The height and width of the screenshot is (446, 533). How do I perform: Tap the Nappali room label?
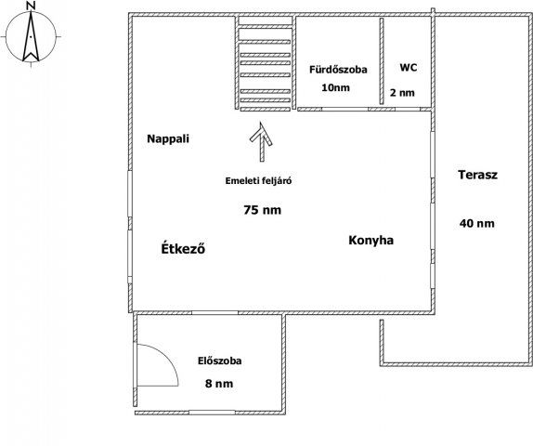point(168,139)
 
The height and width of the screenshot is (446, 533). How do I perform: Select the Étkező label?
point(183,249)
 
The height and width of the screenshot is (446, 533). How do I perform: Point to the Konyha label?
point(371,240)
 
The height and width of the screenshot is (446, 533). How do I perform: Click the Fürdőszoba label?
point(338,70)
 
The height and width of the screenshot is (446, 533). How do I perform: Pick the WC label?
point(408,68)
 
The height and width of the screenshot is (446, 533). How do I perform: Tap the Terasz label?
point(478,175)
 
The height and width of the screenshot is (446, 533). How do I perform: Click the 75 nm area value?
point(262,210)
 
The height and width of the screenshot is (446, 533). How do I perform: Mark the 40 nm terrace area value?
point(477,223)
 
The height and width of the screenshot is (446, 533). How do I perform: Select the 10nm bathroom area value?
point(335,87)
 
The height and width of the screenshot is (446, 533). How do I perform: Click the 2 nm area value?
point(402,92)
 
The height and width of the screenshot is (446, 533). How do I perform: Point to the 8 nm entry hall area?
point(219,383)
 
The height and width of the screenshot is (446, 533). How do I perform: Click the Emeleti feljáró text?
point(259,182)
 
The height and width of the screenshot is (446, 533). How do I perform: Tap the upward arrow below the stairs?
point(262,138)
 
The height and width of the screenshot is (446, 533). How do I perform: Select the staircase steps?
point(266,65)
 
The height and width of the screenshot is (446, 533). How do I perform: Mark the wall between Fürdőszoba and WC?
point(382,61)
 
